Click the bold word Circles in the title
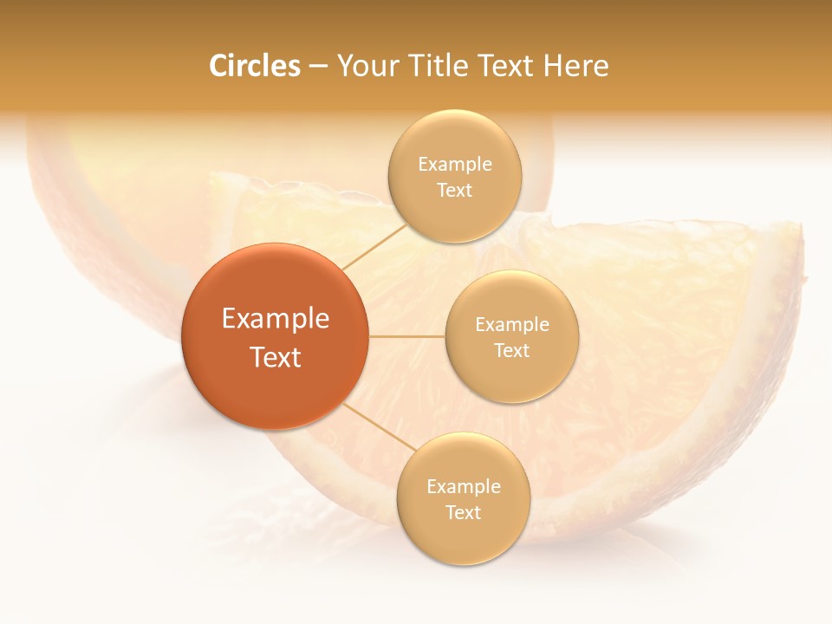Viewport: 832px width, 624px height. (254, 66)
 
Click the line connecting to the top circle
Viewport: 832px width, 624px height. (374, 245)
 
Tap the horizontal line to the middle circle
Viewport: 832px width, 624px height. (407, 335)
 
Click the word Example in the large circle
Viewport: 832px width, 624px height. (276, 319)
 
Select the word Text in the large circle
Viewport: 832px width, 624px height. (276, 357)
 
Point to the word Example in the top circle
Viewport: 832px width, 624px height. (454, 165)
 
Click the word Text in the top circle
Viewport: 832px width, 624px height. (454, 191)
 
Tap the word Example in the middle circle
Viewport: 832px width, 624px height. (511, 325)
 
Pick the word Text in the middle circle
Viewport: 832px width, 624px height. (511, 351)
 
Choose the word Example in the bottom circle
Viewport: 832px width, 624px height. (463, 487)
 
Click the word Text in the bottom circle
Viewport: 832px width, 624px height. (463, 513)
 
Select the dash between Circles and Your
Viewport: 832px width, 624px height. (318, 67)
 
